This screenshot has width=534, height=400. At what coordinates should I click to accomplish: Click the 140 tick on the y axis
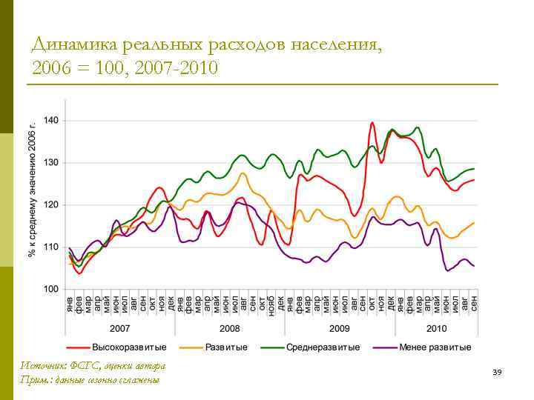pyautogui.click(x=52, y=120)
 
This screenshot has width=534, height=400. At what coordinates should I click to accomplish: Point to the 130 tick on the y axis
pyautogui.click(x=52, y=162)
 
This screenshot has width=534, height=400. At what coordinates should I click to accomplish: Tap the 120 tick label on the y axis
pyautogui.click(x=52, y=204)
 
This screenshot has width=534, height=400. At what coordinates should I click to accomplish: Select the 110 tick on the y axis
pyautogui.click(x=52, y=247)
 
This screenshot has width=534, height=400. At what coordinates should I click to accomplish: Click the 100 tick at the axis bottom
pyautogui.click(x=52, y=289)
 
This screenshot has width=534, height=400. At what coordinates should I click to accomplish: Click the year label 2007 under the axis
pyautogui.click(x=120, y=327)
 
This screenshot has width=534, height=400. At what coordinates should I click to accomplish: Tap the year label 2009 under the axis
pyautogui.click(x=339, y=327)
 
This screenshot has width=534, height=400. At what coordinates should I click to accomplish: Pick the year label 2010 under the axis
pyautogui.click(x=436, y=327)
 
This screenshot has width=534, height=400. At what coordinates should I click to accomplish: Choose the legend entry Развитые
pyautogui.click(x=227, y=347)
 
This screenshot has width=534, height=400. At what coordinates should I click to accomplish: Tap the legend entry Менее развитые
pyautogui.click(x=435, y=347)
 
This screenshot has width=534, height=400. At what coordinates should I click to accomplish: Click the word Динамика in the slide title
pyautogui.click(x=70, y=45)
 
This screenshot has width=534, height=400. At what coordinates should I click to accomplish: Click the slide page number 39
pyautogui.click(x=497, y=372)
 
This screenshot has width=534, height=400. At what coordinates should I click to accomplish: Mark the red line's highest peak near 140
pyautogui.click(x=372, y=123)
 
